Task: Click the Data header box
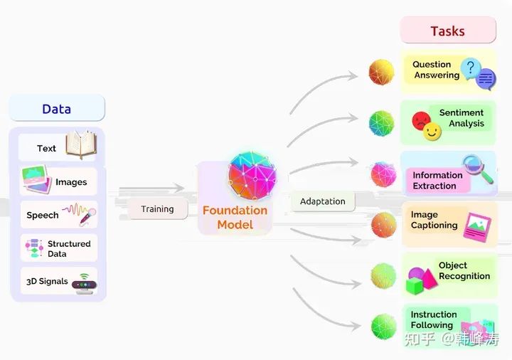point(57,108)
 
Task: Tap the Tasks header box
point(448,31)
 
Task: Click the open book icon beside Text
point(81,144)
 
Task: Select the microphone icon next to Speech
point(87,216)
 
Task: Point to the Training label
point(157,209)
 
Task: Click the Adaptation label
point(323,201)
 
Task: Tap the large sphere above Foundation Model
point(252,175)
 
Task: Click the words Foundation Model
point(235,217)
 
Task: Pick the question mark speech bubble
point(470,68)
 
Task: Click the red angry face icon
point(421,120)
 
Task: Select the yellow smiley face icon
point(432,132)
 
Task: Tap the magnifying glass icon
point(477,169)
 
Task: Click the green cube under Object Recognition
point(415,286)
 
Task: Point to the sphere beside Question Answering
point(381,72)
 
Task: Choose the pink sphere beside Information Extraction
point(384,174)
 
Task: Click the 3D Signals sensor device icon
point(84,284)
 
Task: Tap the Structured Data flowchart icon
point(34,248)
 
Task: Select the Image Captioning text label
point(434,220)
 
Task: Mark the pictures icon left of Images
point(36,179)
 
